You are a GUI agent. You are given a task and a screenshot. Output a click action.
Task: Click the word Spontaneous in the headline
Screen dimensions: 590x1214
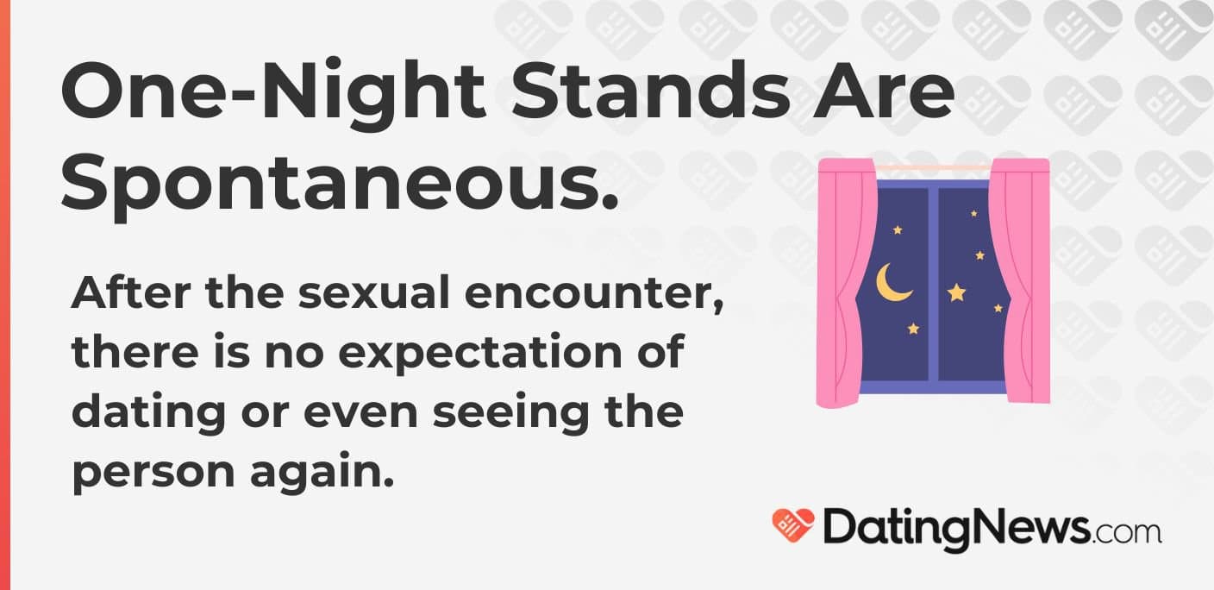340,185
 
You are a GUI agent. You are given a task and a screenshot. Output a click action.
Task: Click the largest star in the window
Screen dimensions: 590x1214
956,292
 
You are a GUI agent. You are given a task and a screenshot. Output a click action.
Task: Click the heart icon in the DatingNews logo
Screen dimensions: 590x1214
792,524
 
